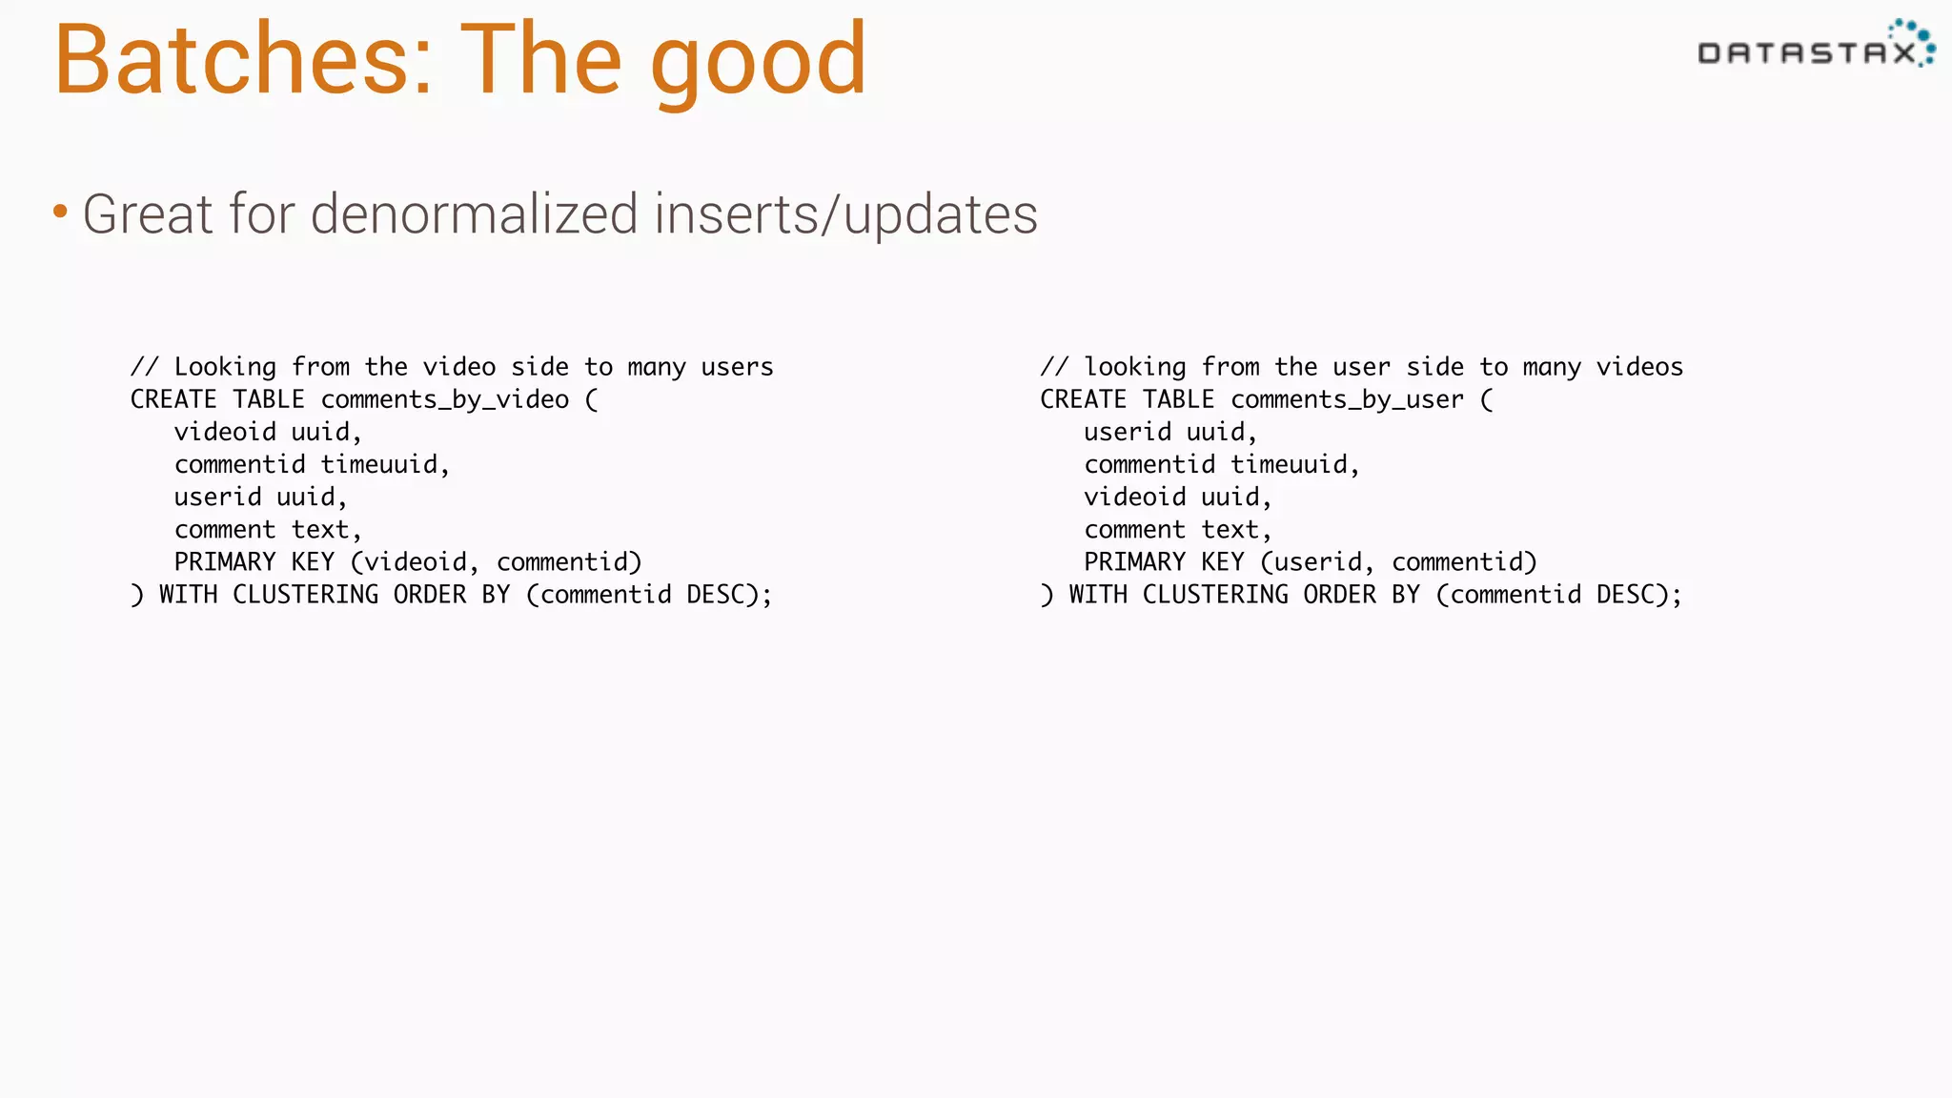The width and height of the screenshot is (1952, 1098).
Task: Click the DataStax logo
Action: click(x=1815, y=46)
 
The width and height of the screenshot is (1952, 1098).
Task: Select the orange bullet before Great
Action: click(x=60, y=211)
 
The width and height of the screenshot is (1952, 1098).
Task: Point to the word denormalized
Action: click(x=474, y=213)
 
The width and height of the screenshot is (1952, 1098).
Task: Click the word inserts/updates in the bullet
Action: click(x=845, y=215)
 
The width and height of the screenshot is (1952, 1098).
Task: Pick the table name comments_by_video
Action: click(x=444, y=400)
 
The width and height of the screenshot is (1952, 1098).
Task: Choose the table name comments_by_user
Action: click(x=1347, y=400)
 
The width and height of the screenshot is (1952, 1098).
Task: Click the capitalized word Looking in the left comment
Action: click(x=225, y=368)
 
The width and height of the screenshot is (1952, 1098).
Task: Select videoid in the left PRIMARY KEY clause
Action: click(x=416, y=562)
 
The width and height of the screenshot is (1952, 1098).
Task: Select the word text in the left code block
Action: click(x=320, y=530)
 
